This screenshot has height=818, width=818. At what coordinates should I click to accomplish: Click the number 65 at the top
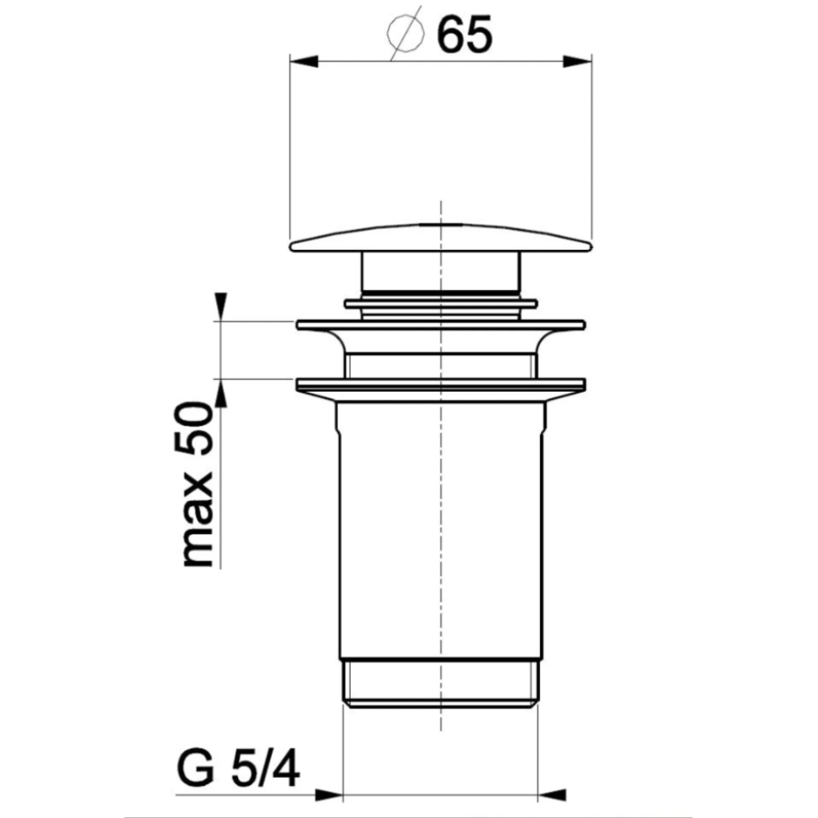464,34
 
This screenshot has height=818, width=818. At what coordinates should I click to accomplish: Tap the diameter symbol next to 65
405,35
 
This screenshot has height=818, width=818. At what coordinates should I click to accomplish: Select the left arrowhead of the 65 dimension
304,61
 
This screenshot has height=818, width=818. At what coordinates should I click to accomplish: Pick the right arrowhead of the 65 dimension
577,61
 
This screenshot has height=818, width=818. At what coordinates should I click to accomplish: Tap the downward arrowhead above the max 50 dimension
221,306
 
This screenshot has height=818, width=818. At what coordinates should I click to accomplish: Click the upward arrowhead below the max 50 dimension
221,393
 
